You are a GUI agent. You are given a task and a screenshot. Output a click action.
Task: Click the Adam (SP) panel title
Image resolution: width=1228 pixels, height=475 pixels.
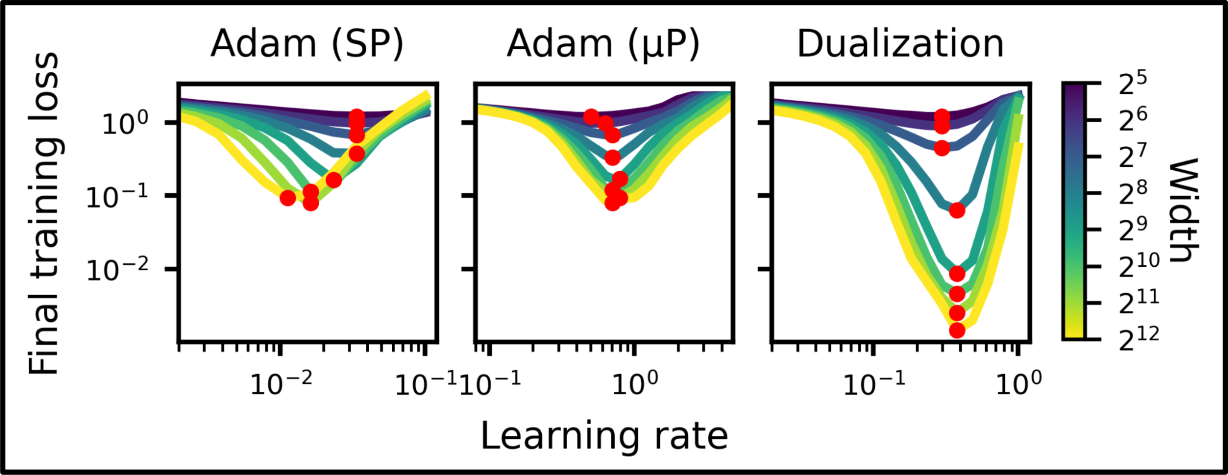(307, 44)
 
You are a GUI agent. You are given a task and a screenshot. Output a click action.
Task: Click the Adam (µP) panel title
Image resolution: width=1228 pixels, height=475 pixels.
(603, 44)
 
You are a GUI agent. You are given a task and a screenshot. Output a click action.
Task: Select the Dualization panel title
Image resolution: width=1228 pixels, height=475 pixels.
(900, 44)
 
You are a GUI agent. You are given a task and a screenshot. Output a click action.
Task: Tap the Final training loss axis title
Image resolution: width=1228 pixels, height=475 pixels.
(44, 213)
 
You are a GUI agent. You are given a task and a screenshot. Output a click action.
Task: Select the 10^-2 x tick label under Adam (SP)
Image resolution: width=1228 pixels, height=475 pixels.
(281, 384)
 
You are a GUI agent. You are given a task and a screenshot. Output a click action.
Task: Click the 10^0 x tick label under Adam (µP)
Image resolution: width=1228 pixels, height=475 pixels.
(635, 384)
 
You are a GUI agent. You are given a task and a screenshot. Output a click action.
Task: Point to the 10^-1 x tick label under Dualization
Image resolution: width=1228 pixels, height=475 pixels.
(874, 384)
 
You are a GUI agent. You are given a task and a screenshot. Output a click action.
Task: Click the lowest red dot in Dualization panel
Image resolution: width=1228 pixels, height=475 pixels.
(957, 330)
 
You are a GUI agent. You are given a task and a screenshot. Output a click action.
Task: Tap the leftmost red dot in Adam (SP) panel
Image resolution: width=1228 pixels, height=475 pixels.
(288, 198)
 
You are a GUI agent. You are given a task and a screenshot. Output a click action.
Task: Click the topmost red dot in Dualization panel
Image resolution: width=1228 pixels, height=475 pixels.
(941, 116)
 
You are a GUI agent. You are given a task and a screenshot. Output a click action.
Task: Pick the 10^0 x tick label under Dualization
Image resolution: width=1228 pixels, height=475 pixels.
(1019, 384)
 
